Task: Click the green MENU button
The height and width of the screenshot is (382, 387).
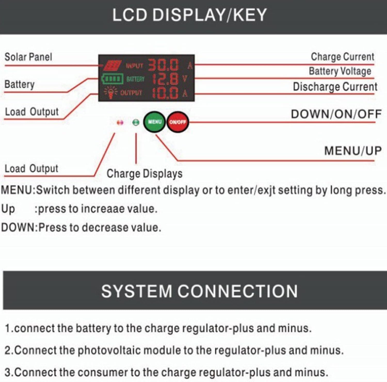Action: tap(154, 122)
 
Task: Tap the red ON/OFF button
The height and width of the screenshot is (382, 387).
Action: tap(178, 122)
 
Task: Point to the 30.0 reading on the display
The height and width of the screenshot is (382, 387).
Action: tap(163, 65)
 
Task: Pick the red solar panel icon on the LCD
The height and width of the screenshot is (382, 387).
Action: tap(112, 66)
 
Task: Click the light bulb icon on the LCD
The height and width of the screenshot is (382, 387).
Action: tap(110, 92)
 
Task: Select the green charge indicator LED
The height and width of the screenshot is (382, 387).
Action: tap(136, 122)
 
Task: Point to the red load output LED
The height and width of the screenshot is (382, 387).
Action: tap(120, 123)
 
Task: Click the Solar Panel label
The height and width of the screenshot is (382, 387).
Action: tap(28, 57)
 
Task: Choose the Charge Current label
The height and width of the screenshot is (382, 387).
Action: tap(342, 57)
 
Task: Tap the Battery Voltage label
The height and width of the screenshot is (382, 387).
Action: tap(340, 71)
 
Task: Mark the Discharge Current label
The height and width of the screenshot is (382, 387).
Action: tap(335, 87)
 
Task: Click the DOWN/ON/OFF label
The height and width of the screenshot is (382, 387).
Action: tap(336, 114)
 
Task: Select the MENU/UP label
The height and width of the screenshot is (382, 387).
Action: tap(353, 151)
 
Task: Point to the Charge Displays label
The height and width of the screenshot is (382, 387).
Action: tap(144, 174)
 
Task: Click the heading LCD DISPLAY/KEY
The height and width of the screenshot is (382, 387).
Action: tap(189, 15)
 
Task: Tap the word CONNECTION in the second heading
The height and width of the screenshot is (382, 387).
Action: tap(237, 291)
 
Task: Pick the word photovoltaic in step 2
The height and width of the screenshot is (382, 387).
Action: tap(110, 350)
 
